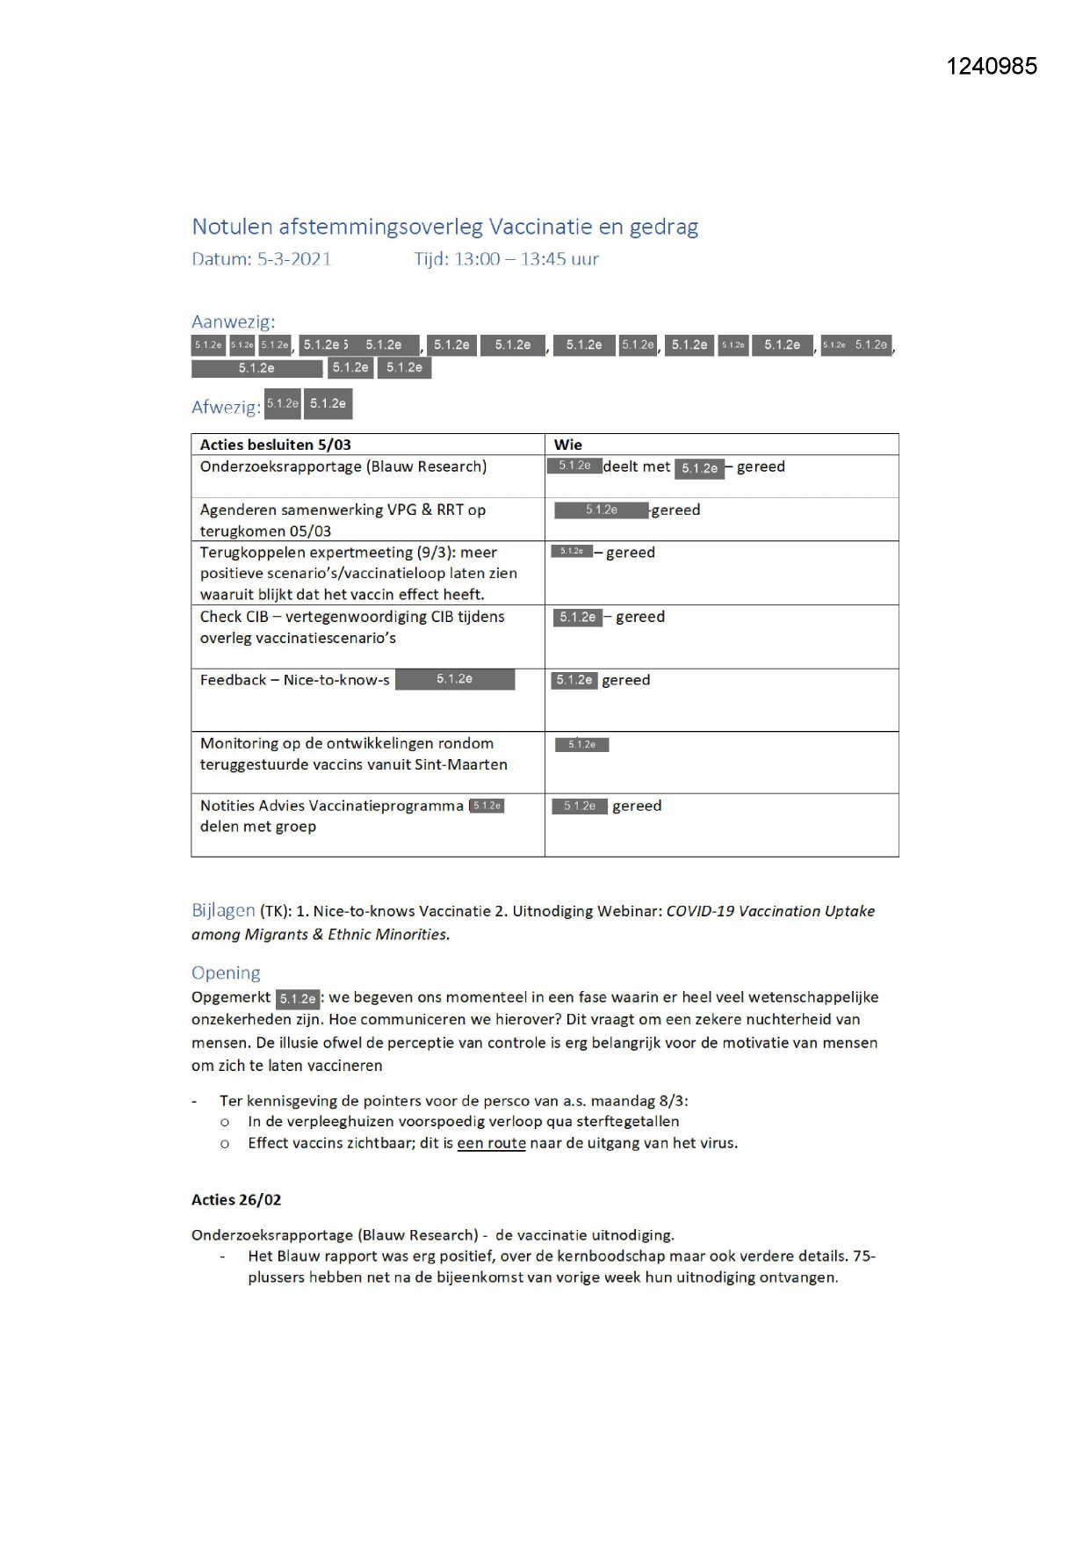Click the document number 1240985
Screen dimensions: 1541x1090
point(992,67)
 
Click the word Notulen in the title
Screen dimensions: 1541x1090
point(232,227)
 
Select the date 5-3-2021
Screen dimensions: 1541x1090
point(293,259)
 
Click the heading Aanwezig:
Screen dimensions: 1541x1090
point(233,322)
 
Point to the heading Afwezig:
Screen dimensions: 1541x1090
point(226,407)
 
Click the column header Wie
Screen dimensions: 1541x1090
point(567,445)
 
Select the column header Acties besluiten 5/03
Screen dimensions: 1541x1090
point(275,445)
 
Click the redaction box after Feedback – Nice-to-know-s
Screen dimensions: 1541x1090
point(454,679)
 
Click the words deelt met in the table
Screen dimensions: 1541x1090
point(637,467)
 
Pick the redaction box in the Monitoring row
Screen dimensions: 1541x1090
point(581,745)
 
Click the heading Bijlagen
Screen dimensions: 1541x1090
point(223,910)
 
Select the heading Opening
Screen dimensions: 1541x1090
point(226,973)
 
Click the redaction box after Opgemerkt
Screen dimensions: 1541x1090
point(298,999)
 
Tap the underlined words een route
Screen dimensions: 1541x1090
point(491,1143)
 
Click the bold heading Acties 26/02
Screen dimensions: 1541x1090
point(236,1199)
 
